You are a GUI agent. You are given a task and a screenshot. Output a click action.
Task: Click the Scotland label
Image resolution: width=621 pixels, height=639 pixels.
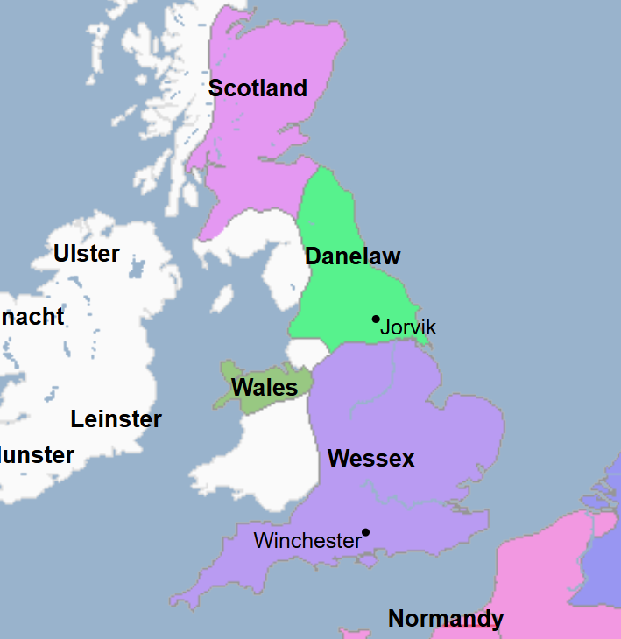(258, 88)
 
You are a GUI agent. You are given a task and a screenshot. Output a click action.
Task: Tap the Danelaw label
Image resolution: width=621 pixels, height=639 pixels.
(352, 256)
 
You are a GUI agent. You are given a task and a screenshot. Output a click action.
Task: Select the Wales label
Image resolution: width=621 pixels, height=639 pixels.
(264, 387)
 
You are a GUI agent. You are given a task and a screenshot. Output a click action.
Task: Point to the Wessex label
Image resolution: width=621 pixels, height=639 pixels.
(370, 458)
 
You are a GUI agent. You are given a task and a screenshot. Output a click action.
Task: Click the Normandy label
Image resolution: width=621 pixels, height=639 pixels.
(445, 619)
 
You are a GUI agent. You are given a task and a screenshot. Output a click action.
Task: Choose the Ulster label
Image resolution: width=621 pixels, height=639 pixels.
(86, 254)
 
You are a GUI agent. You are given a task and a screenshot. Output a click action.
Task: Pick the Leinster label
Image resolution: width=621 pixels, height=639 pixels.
(116, 419)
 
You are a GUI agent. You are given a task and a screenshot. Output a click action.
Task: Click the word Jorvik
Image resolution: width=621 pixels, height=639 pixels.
(408, 327)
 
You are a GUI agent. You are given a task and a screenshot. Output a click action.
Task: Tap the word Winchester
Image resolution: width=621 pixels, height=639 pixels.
(307, 541)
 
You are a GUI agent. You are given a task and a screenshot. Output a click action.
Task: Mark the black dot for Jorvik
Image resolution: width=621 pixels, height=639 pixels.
(376, 319)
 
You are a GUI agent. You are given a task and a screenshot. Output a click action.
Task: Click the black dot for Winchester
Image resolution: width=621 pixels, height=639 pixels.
(365, 532)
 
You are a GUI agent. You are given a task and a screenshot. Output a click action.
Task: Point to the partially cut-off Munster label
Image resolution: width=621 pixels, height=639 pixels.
(37, 455)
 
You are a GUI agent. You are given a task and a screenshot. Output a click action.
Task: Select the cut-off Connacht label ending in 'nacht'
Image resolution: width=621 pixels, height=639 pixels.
(32, 316)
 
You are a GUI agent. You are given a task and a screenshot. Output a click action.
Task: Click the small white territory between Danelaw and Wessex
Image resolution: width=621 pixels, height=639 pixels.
(306, 353)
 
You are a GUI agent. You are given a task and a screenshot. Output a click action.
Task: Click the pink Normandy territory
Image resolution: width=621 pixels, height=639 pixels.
(534, 578)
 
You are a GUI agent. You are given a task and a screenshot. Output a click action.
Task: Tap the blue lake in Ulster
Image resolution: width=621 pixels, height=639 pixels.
(136, 266)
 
